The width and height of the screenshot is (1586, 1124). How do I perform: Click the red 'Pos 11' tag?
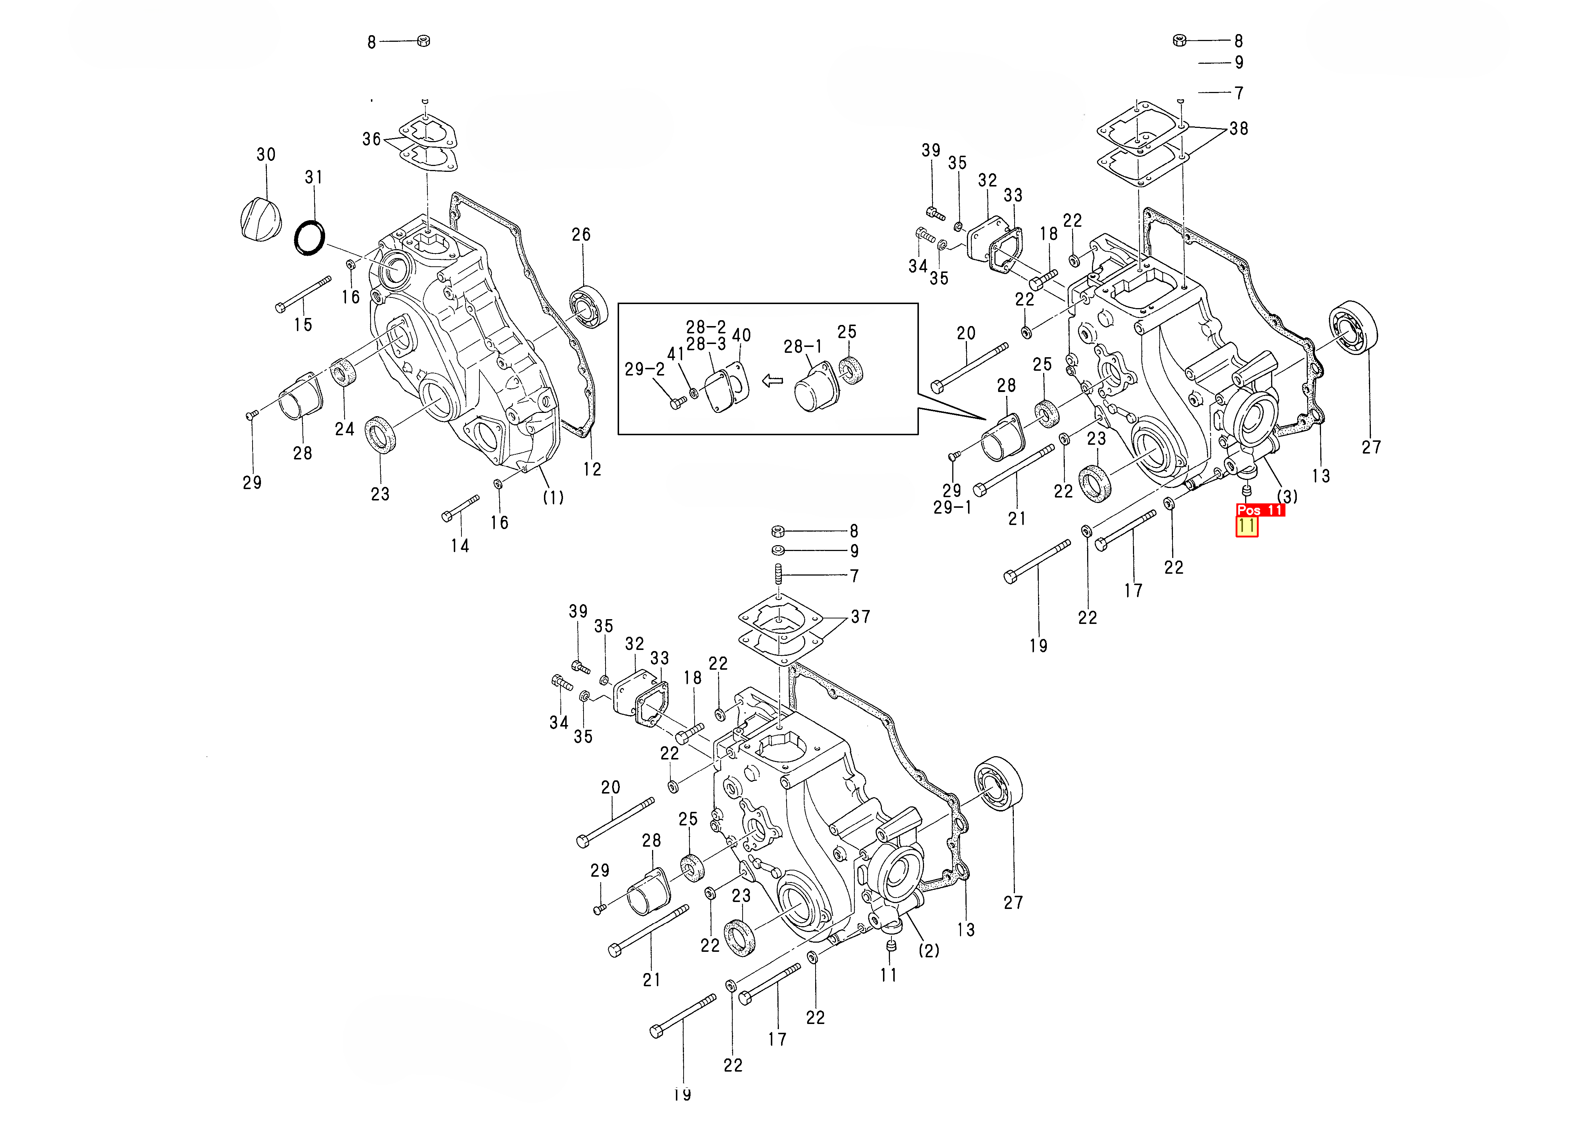[x=1260, y=510]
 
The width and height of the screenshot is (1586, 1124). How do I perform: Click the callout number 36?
[x=372, y=139]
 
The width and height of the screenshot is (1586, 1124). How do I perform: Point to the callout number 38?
[x=1239, y=129]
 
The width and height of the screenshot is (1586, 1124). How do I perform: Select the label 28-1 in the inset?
[x=802, y=346]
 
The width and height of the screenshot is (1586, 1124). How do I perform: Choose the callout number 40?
[x=742, y=336]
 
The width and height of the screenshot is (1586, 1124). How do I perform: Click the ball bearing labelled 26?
[x=588, y=307]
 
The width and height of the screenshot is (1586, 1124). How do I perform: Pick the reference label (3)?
[x=1287, y=496]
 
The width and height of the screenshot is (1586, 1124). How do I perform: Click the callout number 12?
[x=592, y=469]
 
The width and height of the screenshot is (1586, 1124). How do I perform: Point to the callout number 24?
[x=345, y=429]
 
